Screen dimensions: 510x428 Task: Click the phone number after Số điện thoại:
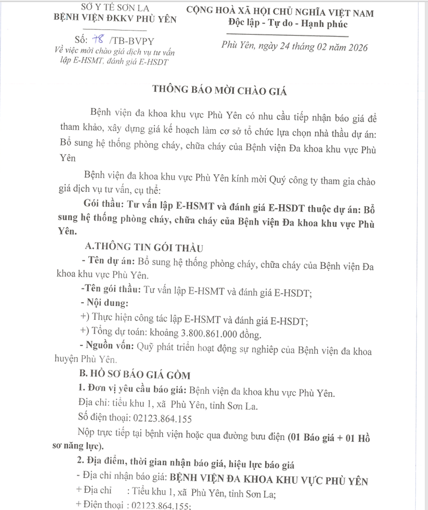pyautogui.click(x=161, y=418)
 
